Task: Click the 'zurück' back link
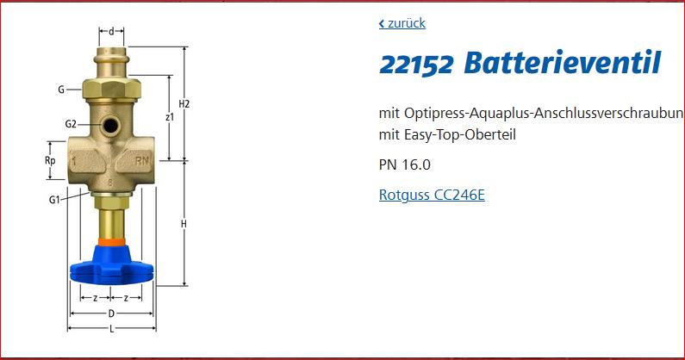tap(402, 23)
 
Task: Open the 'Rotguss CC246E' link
tap(432, 195)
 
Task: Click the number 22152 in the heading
tap(416, 65)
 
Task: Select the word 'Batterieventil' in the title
tap(563, 63)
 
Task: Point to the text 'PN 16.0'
tap(404, 164)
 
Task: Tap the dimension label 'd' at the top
tap(111, 32)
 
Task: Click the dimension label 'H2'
tap(184, 104)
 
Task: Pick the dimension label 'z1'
tap(170, 116)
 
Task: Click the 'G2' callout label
tap(71, 124)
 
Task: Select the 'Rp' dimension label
tap(50, 161)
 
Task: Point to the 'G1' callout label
tap(54, 200)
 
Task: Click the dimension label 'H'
tap(184, 224)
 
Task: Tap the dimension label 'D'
tap(111, 313)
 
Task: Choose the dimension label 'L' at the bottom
tap(112, 329)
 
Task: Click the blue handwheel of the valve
tap(112, 265)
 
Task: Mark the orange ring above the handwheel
tap(111, 242)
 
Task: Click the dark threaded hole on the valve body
tap(110, 126)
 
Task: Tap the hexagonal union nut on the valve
tap(111, 89)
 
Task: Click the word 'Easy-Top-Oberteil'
tap(460, 134)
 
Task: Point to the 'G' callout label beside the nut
tap(61, 90)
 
